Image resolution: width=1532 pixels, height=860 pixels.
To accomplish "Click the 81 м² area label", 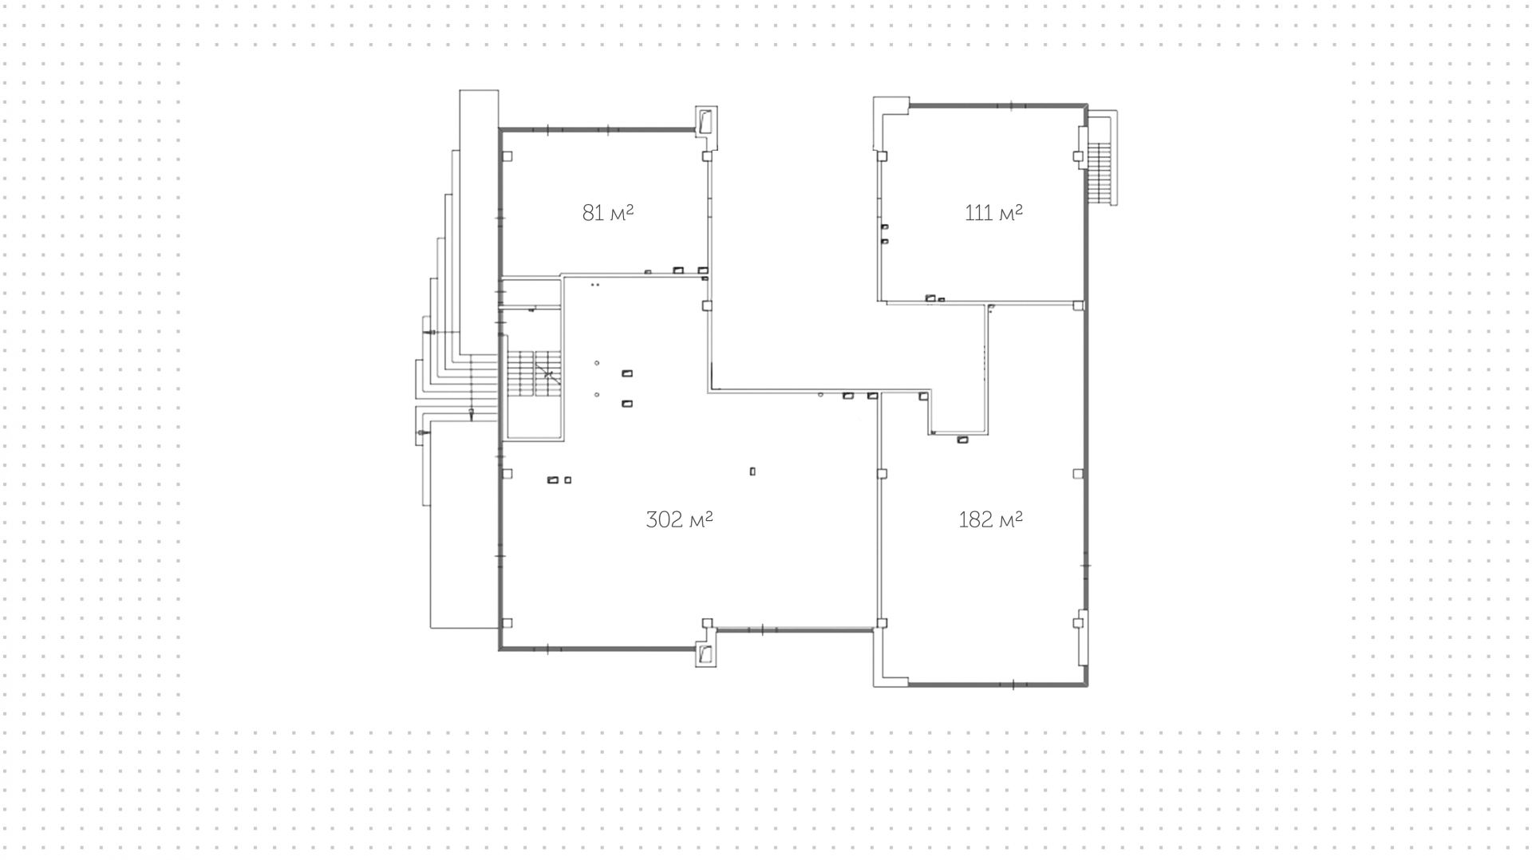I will [608, 213].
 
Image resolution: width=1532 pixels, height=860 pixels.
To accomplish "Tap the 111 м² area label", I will [993, 213].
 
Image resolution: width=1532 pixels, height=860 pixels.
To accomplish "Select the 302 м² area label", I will [679, 520].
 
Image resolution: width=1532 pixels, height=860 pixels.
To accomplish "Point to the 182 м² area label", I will [990, 520].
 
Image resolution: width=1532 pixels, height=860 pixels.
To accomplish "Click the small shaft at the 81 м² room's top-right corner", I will [706, 122].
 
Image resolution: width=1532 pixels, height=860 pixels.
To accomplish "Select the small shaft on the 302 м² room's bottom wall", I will [706, 653].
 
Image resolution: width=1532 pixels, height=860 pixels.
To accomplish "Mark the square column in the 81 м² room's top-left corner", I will [507, 156].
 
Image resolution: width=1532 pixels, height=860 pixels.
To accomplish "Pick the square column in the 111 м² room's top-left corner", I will [882, 156].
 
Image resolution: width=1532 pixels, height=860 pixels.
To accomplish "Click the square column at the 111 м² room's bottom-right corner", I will [1078, 306].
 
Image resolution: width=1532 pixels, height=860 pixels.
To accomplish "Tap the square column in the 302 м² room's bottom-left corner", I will [507, 623].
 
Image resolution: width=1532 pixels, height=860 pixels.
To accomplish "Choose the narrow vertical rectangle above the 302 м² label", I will [752, 471].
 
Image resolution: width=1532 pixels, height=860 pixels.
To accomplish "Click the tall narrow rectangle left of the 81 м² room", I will [479, 223].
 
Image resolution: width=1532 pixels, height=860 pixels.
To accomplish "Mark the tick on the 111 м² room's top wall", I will [1011, 105].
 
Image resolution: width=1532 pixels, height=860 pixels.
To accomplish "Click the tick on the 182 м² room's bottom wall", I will [1013, 684].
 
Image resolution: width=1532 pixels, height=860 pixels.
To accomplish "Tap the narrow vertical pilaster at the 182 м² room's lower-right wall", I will [1081, 638].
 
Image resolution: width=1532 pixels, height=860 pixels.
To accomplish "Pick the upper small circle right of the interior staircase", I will [597, 364].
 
